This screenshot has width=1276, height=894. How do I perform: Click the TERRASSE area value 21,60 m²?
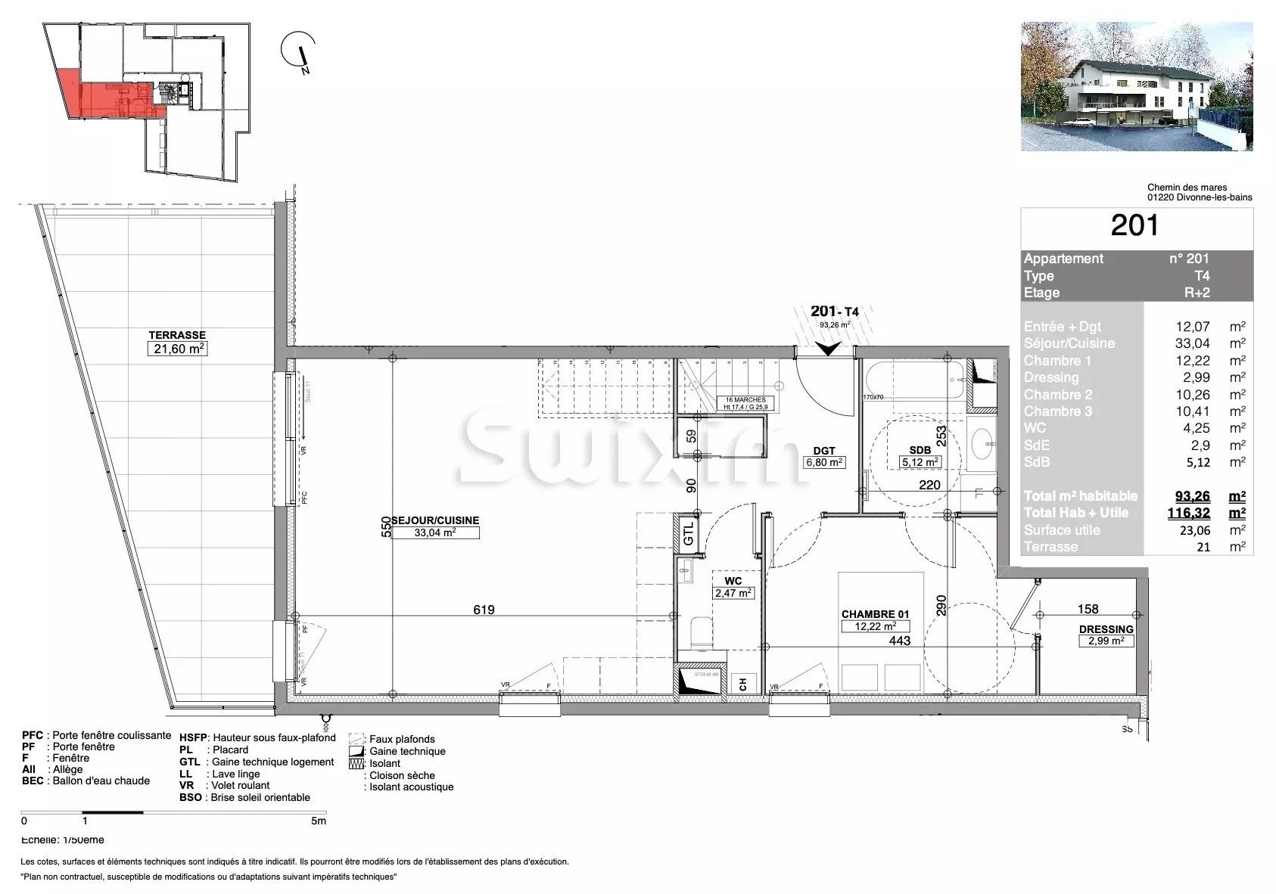[177, 349]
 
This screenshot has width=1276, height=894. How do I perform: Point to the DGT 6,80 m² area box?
[823, 462]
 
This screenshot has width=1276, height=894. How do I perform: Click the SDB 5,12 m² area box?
[920, 462]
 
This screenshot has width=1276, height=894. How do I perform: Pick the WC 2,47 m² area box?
[733, 593]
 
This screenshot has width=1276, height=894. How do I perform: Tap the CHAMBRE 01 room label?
[876, 614]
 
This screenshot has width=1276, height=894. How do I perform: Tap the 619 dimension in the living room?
[483, 610]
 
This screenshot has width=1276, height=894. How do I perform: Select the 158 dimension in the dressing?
[1087, 609]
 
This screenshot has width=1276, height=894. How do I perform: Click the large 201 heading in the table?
[1134, 226]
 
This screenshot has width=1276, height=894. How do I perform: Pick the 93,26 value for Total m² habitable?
[1192, 496]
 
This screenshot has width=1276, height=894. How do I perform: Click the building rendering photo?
[1136, 86]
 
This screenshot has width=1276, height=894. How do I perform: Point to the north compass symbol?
[299, 53]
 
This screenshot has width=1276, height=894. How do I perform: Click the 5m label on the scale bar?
[319, 821]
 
